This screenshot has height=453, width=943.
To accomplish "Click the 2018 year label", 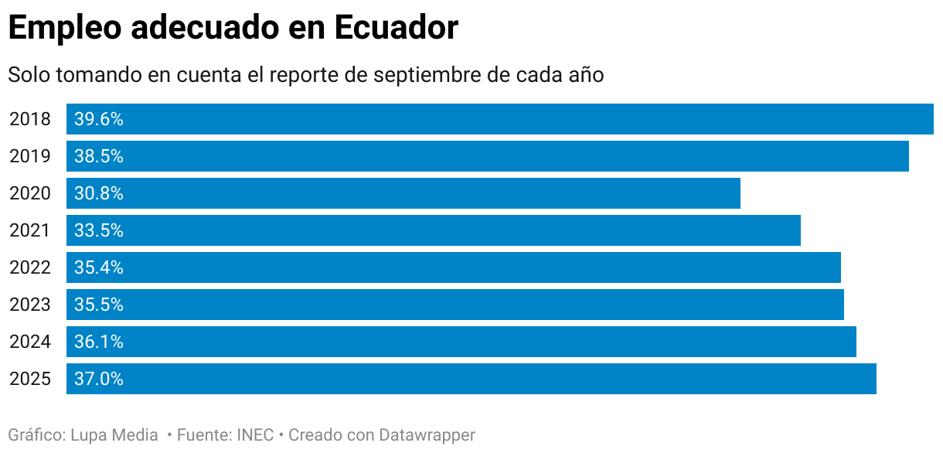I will [30, 119].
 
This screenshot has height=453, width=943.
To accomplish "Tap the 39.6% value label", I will [99, 119].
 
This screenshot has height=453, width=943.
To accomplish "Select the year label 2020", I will [30, 193].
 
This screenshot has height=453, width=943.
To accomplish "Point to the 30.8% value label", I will [99, 193].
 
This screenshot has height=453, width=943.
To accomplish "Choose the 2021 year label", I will [30, 230].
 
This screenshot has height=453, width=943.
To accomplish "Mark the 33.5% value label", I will [99, 230].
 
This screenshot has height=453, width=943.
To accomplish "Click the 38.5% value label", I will [99, 156].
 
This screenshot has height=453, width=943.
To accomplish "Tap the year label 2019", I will [30, 156].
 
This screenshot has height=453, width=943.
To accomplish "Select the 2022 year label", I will [30, 267].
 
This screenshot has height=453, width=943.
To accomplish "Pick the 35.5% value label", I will [99, 305].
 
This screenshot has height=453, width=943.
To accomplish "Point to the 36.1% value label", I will [99, 342].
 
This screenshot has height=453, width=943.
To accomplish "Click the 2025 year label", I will [30, 379].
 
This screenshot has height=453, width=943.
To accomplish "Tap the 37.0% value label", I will [99, 379].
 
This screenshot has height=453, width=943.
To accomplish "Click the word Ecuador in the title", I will [397, 29].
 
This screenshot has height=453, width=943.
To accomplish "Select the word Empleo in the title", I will [65, 29].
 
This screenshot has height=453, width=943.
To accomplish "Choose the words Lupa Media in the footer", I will [114, 435].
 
